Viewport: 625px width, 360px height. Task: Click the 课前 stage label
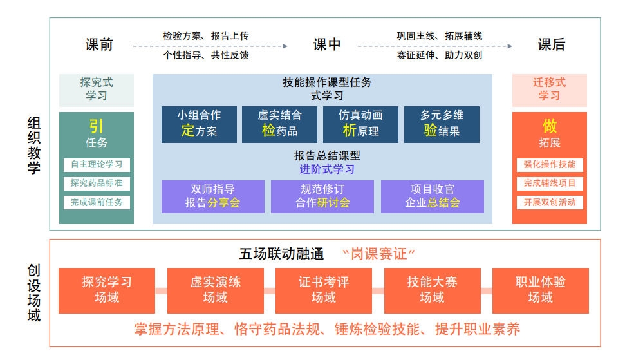[x=99, y=44]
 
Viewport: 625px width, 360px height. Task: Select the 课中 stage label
[x=327, y=44]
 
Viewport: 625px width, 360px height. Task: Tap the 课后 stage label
[x=552, y=44]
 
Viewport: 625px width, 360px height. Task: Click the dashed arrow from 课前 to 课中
[x=210, y=46]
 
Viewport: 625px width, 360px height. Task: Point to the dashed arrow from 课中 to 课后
[x=435, y=46]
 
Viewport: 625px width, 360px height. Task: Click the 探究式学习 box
[x=97, y=90]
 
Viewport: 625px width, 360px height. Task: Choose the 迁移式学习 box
[x=549, y=90]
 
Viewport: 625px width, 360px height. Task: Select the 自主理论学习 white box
[x=97, y=164]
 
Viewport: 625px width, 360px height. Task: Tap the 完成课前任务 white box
[x=97, y=202]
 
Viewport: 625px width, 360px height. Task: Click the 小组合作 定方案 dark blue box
[x=199, y=124]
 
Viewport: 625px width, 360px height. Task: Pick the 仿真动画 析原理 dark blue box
[x=360, y=124]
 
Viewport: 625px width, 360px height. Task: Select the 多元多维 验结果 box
[x=442, y=124]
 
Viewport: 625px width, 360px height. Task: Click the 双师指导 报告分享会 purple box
[x=212, y=196]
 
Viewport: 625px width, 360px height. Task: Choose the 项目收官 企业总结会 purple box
[x=432, y=196]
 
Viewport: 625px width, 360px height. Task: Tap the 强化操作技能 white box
[x=549, y=164]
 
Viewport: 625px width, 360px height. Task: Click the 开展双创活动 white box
[x=549, y=202]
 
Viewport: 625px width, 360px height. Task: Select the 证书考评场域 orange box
[x=323, y=290]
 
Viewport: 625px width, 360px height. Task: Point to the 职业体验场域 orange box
[x=540, y=290]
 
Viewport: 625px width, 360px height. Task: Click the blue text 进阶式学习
[x=327, y=169]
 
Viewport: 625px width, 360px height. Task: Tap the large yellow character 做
[x=550, y=126]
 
